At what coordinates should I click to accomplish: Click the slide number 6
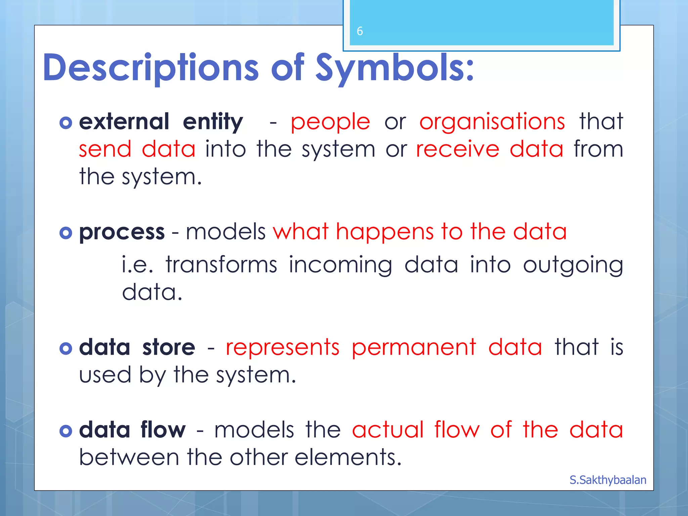(360, 31)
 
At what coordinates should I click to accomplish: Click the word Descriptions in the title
(150, 68)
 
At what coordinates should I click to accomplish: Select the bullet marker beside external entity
(66, 123)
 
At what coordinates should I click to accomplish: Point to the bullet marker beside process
(66, 233)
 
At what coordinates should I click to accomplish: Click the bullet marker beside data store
(66, 348)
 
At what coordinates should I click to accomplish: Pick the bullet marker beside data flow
(66, 431)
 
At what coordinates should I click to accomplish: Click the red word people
(330, 122)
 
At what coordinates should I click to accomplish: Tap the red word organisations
(492, 122)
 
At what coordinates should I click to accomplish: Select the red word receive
(458, 149)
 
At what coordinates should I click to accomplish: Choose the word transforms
(221, 265)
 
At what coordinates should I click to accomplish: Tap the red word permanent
(414, 348)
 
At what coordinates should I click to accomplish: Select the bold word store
(169, 347)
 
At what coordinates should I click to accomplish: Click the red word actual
(388, 430)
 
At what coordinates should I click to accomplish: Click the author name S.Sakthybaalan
(608, 480)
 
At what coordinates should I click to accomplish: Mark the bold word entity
(213, 122)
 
